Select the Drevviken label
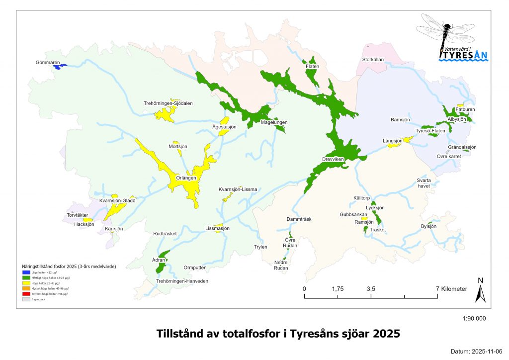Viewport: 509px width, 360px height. pos(333,159)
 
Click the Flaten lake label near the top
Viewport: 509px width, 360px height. pos(312,66)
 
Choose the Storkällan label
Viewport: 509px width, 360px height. pos(373,60)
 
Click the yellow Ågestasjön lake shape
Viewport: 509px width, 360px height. pos(224,121)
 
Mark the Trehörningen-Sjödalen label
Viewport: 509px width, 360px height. pos(168,103)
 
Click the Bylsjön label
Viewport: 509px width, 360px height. pos(428,226)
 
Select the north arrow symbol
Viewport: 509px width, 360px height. pos(480,291)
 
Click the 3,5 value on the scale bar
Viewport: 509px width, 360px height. pos(371,288)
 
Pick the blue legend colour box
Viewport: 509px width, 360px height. pos(26,272)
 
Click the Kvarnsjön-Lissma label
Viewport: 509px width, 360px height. pos(238,189)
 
